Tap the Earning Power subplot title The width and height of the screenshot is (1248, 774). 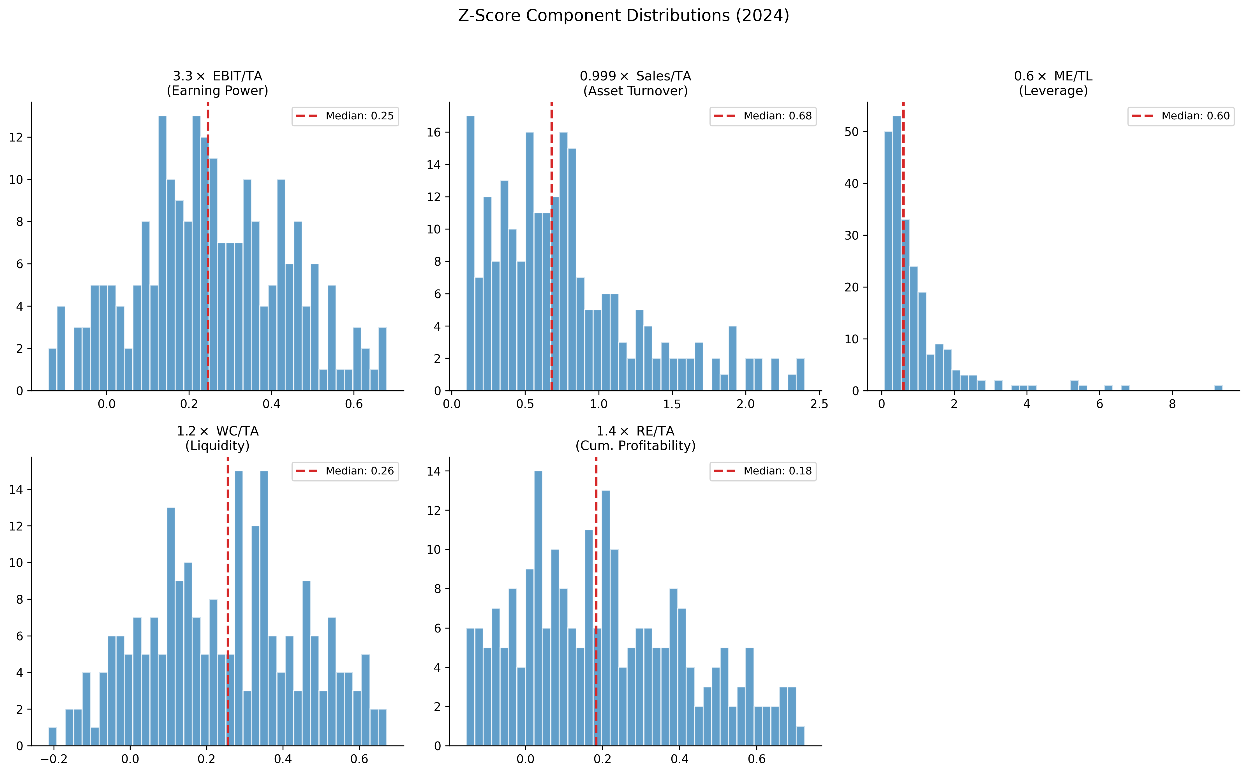click(x=217, y=84)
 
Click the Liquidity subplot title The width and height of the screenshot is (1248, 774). click(x=217, y=438)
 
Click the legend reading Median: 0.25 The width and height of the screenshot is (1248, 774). click(x=345, y=116)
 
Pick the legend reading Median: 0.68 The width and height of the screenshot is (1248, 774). click(x=763, y=116)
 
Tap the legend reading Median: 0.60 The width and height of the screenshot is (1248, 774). click(x=1181, y=116)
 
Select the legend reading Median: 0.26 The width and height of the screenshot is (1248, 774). click(x=345, y=471)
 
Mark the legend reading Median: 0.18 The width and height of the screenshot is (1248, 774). click(x=763, y=471)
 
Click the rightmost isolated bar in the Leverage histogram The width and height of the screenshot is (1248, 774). click(x=1218, y=388)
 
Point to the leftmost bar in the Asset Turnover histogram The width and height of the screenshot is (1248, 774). click(x=470, y=253)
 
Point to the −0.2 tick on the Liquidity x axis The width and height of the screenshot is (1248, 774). click(x=54, y=759)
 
